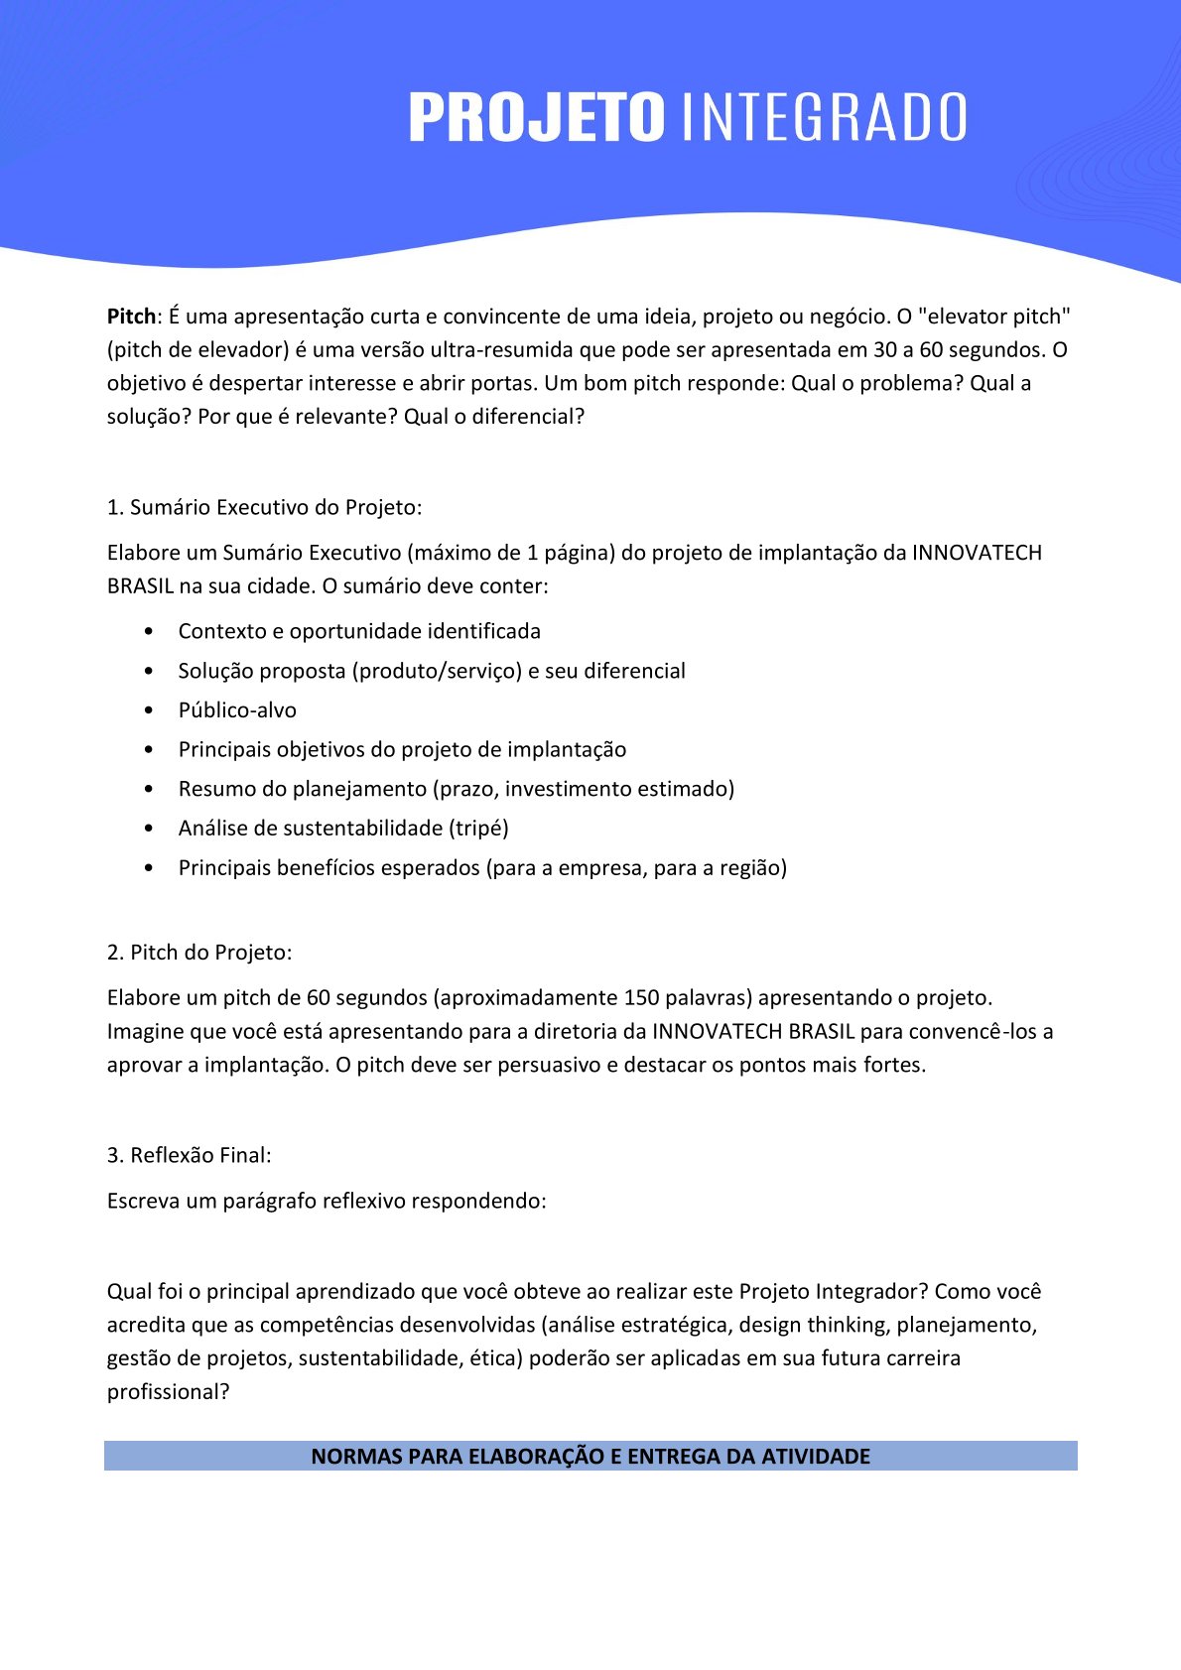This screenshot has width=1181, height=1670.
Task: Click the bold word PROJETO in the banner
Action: (x=536, y=117)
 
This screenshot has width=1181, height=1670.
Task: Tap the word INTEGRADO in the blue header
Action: (x=825, y=117)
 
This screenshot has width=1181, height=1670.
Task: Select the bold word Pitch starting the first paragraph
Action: (x=131, y=317)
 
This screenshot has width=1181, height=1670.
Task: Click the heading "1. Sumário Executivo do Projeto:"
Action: (x=264, y=507)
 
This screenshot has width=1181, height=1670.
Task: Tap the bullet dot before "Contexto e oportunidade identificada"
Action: (x=149, y=632)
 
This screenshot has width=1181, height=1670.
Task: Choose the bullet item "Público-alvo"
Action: (x=237, y=710)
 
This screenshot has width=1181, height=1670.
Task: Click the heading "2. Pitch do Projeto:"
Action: (x=199, y=953)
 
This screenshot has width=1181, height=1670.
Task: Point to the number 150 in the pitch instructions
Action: (x=641, y=998)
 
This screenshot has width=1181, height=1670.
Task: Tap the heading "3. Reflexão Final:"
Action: (x=189, y=1155)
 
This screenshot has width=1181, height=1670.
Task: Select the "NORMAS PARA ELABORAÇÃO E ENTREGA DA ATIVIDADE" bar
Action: (x=590, y=1456)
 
